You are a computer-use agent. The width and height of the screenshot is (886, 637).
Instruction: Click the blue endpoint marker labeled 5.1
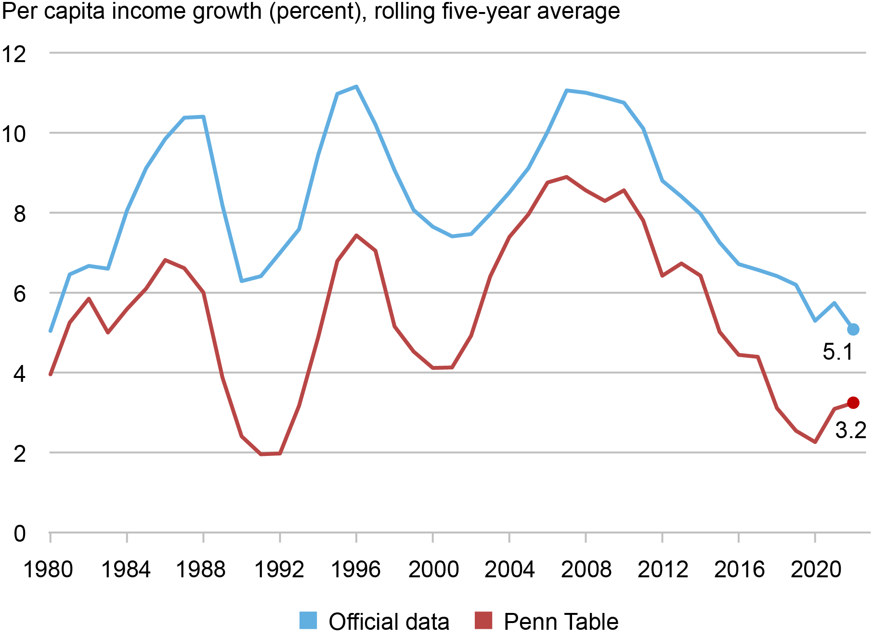click(853, 329)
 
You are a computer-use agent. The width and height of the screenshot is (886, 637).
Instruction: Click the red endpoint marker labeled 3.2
click(853, 403)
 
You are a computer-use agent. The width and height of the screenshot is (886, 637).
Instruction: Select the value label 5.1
click(838, 352)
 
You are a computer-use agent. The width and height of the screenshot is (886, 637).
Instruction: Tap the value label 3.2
click(850, 430)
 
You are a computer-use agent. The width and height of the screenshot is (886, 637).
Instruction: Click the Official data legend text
click(389, 622)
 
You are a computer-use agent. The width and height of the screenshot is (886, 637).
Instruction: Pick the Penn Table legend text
click(560, 622)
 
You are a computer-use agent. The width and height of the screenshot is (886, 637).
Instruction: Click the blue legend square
click(308, 620)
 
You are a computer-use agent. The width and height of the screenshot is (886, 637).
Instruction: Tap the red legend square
click(483, 620)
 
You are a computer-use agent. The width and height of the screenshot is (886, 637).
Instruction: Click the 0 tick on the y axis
click(19, 533)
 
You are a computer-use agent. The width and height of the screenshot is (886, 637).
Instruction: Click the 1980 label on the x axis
click(48, 570)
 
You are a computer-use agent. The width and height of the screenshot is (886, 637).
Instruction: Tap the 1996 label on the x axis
click(355, 570)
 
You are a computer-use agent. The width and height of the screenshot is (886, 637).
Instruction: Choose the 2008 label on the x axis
click(586, 570)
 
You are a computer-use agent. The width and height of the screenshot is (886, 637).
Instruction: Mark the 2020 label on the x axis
click(815, 570)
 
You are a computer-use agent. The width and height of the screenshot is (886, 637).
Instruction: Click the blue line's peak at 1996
click(356, 87)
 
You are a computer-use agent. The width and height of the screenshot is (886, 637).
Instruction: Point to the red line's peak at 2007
click(567, 177)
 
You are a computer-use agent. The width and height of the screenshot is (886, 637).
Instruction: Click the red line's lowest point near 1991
click(261, 454)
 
